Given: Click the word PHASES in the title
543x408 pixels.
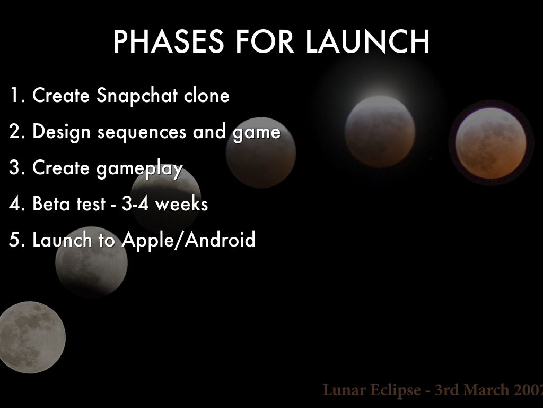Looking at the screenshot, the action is pyautogui.click(x=168, y=41).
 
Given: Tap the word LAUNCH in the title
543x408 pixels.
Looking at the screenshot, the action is pyautogui.click(x=367, y=41).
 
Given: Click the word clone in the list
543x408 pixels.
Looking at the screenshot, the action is pyautogui.click(x=207, y=95).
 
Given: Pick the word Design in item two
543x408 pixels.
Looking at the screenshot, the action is pyautogui.click(x=62, y=132).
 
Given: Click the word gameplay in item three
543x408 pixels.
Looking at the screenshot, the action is pyautogui.click(x=139, y=169).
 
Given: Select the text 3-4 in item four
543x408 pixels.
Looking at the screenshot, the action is pyautogui.click(x=135, y=203).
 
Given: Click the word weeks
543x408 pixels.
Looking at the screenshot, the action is pyautogui.click(x=181, y=203).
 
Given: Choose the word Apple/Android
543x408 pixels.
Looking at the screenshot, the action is pyautogui.click(x=189, y=240).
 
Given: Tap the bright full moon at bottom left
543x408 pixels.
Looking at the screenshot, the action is pyautogui.click(x=31, y=337).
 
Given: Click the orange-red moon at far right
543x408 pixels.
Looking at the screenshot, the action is pyautogui.click(x=491, y=143).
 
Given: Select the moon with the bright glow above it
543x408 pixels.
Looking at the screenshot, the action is pyautogui.click(x=380, y=132).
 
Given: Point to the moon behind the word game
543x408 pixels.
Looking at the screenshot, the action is pyautogui.click(x=261, y=152).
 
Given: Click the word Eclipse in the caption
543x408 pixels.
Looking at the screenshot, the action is pyautogui.click(x=395, y=390).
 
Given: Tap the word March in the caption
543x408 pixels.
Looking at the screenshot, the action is pyautogui.click(x=486, y=389).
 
